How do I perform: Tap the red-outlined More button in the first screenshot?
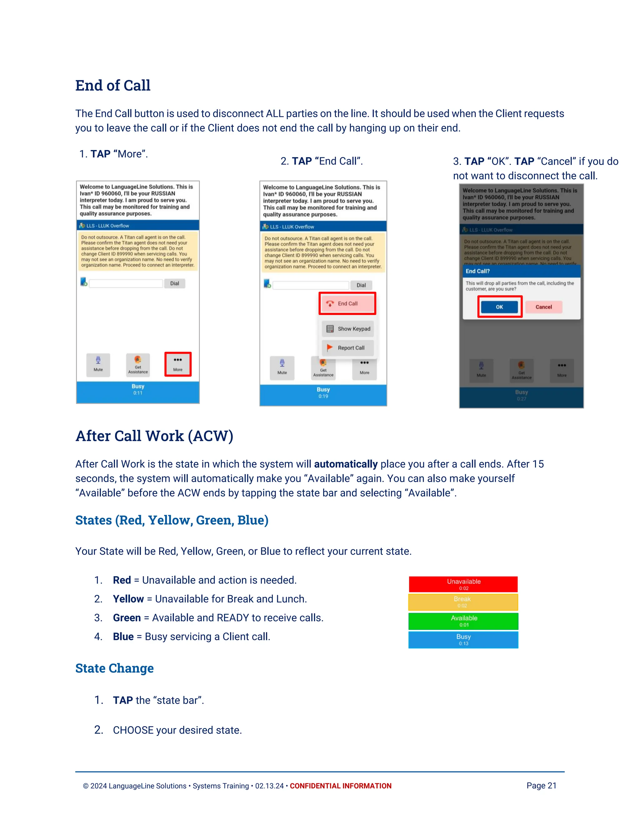[178, 364]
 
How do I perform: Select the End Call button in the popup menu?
[347, 303]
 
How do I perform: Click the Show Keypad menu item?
[348, 329]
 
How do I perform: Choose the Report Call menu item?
[348, 348]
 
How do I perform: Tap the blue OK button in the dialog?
[499, 307]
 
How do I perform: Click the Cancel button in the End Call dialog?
[543, 307]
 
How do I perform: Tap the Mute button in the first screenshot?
[98, 365]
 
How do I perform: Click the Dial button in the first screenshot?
[174, 283]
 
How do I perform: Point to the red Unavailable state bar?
[463, 584]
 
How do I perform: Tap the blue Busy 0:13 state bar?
[463, 640]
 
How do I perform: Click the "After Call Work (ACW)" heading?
[154, 436]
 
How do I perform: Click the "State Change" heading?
[114, 668]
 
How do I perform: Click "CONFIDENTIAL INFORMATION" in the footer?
[341, 786]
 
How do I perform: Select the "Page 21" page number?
[541, 786]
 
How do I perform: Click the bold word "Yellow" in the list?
[128, 599]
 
